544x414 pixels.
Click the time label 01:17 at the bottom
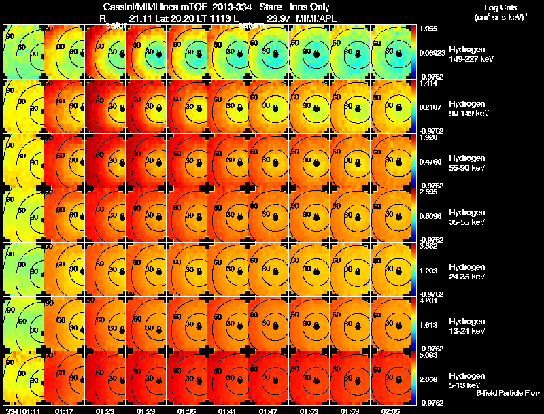65,411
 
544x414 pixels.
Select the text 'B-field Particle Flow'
507,393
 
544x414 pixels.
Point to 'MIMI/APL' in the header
317,18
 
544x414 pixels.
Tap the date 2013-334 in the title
218,6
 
